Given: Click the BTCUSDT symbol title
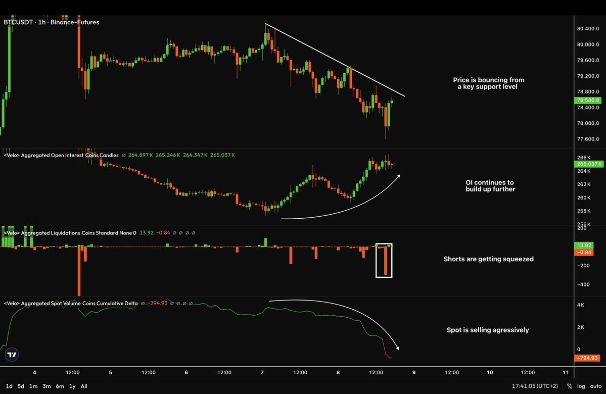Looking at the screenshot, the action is [x=18, y=22].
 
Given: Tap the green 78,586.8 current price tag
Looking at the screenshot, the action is [x=588, y=100].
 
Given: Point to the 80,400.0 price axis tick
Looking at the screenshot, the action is [x=588, y=29].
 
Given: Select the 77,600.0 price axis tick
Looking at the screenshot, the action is [x=588, y=139].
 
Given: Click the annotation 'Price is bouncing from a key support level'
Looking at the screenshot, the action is [x=489, y=83].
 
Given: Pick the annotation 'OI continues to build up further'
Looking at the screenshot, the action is [x=490, y=186].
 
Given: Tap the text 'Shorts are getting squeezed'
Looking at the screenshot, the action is [x=489, y=259].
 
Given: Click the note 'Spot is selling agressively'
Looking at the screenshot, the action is [x=488, y=330].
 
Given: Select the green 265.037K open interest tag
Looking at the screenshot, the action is [x=589, y=164].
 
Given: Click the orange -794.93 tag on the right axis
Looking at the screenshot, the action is [x=587, y=358].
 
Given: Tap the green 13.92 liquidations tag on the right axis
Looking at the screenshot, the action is [x=584, y=245].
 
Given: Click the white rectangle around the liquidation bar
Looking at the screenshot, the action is [x=376, y=261].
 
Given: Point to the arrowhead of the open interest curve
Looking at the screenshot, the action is [x=399, y=176].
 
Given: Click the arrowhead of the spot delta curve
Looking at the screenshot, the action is [x=398, y=349].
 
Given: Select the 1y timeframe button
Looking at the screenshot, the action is [x=72, y=386].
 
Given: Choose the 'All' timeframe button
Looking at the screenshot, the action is [x=84, y=386].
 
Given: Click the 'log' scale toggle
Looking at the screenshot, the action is [x=581, y=386].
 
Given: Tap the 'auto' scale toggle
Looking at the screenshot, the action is [x=595, y=386].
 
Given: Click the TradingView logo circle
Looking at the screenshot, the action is [x=12, y=355].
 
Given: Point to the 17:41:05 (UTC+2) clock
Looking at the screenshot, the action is [x=535, y=386].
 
